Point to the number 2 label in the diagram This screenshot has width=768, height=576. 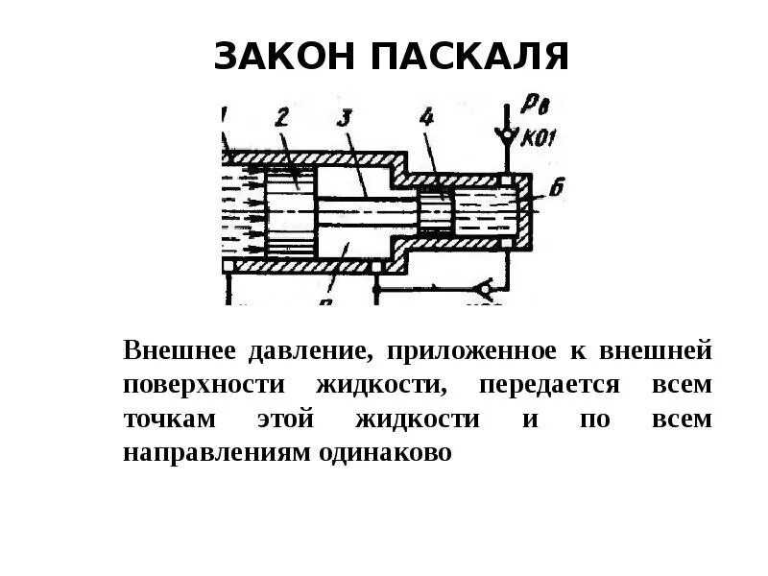point(281,118)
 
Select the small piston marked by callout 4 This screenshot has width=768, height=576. point(434,211)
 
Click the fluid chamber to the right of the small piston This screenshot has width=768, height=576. point(486,211)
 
